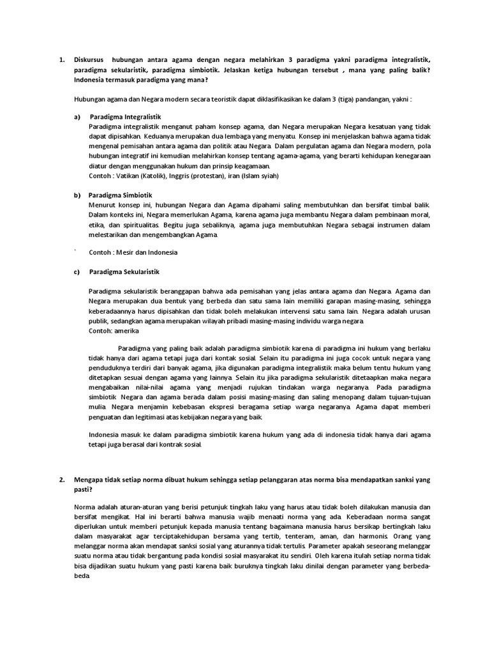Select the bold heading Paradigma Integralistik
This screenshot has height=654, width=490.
(125, 118)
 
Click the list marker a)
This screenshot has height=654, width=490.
(78, 118)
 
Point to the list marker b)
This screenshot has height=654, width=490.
(78, 195)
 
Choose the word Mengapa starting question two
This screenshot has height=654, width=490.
(89, 478)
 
